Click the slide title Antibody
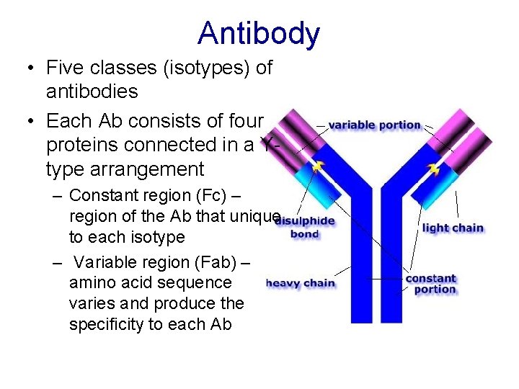259,33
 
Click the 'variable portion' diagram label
374,125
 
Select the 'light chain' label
453,228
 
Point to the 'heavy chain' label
301,283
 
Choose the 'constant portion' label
431,284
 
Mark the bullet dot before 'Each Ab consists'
30,120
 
